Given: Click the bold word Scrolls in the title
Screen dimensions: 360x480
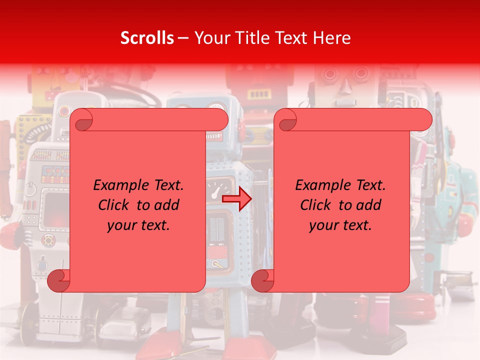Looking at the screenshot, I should click(x=147, y=38).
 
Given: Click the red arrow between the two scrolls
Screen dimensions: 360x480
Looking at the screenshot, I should click(x=236, y=199).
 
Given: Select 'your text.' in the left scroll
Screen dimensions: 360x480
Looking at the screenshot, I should click(x=138, y=225).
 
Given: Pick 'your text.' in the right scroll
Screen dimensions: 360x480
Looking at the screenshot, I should click(x=340, y=225).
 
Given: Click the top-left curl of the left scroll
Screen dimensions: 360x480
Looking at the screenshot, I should click(x=81, y=120).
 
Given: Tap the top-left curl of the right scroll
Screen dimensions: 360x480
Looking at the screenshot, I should click(x=285, y=120).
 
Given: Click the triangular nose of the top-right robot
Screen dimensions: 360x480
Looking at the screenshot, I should click(x=344, y=89).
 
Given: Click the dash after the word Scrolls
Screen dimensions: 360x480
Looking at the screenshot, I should click(x=183, y=38).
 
